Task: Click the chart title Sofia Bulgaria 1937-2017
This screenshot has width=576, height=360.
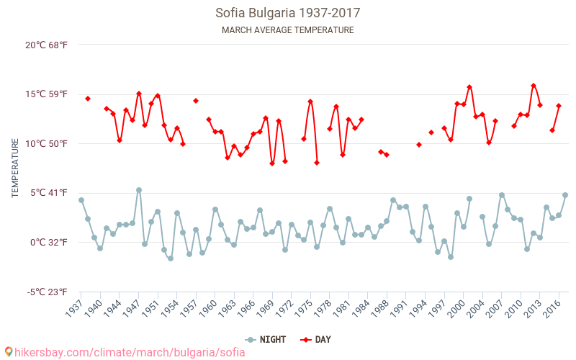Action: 287,13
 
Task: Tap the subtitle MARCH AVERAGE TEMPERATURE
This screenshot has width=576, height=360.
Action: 287,30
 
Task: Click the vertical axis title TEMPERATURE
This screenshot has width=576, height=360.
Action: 15,168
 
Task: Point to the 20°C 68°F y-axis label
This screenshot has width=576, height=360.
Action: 47,45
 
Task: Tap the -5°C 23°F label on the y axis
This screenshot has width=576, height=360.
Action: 47,292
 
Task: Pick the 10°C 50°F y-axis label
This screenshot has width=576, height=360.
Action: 47,143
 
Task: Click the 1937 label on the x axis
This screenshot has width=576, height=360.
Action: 74,306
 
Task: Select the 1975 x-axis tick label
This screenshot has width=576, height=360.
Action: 303,306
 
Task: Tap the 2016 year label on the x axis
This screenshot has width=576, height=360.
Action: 552,306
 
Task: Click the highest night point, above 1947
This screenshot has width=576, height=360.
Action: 139,190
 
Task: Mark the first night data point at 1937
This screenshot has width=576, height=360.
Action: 81,200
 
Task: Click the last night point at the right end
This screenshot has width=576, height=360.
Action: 565,195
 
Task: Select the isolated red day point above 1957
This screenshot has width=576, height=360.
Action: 196,101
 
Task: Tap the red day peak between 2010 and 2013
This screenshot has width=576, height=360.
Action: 534,86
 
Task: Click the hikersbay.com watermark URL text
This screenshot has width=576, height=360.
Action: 130,352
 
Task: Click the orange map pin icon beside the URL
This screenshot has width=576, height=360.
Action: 8,352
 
